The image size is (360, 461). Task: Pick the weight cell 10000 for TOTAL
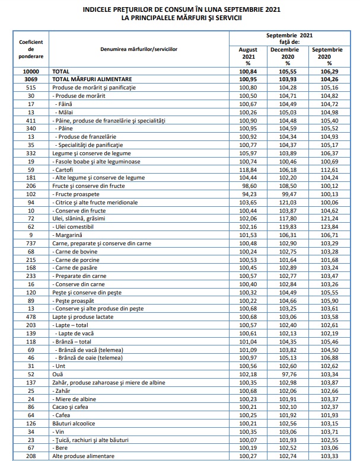coord(27,71)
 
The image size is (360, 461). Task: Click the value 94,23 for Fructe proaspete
coord(246,193)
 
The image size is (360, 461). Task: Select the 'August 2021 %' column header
coord(247,56)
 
